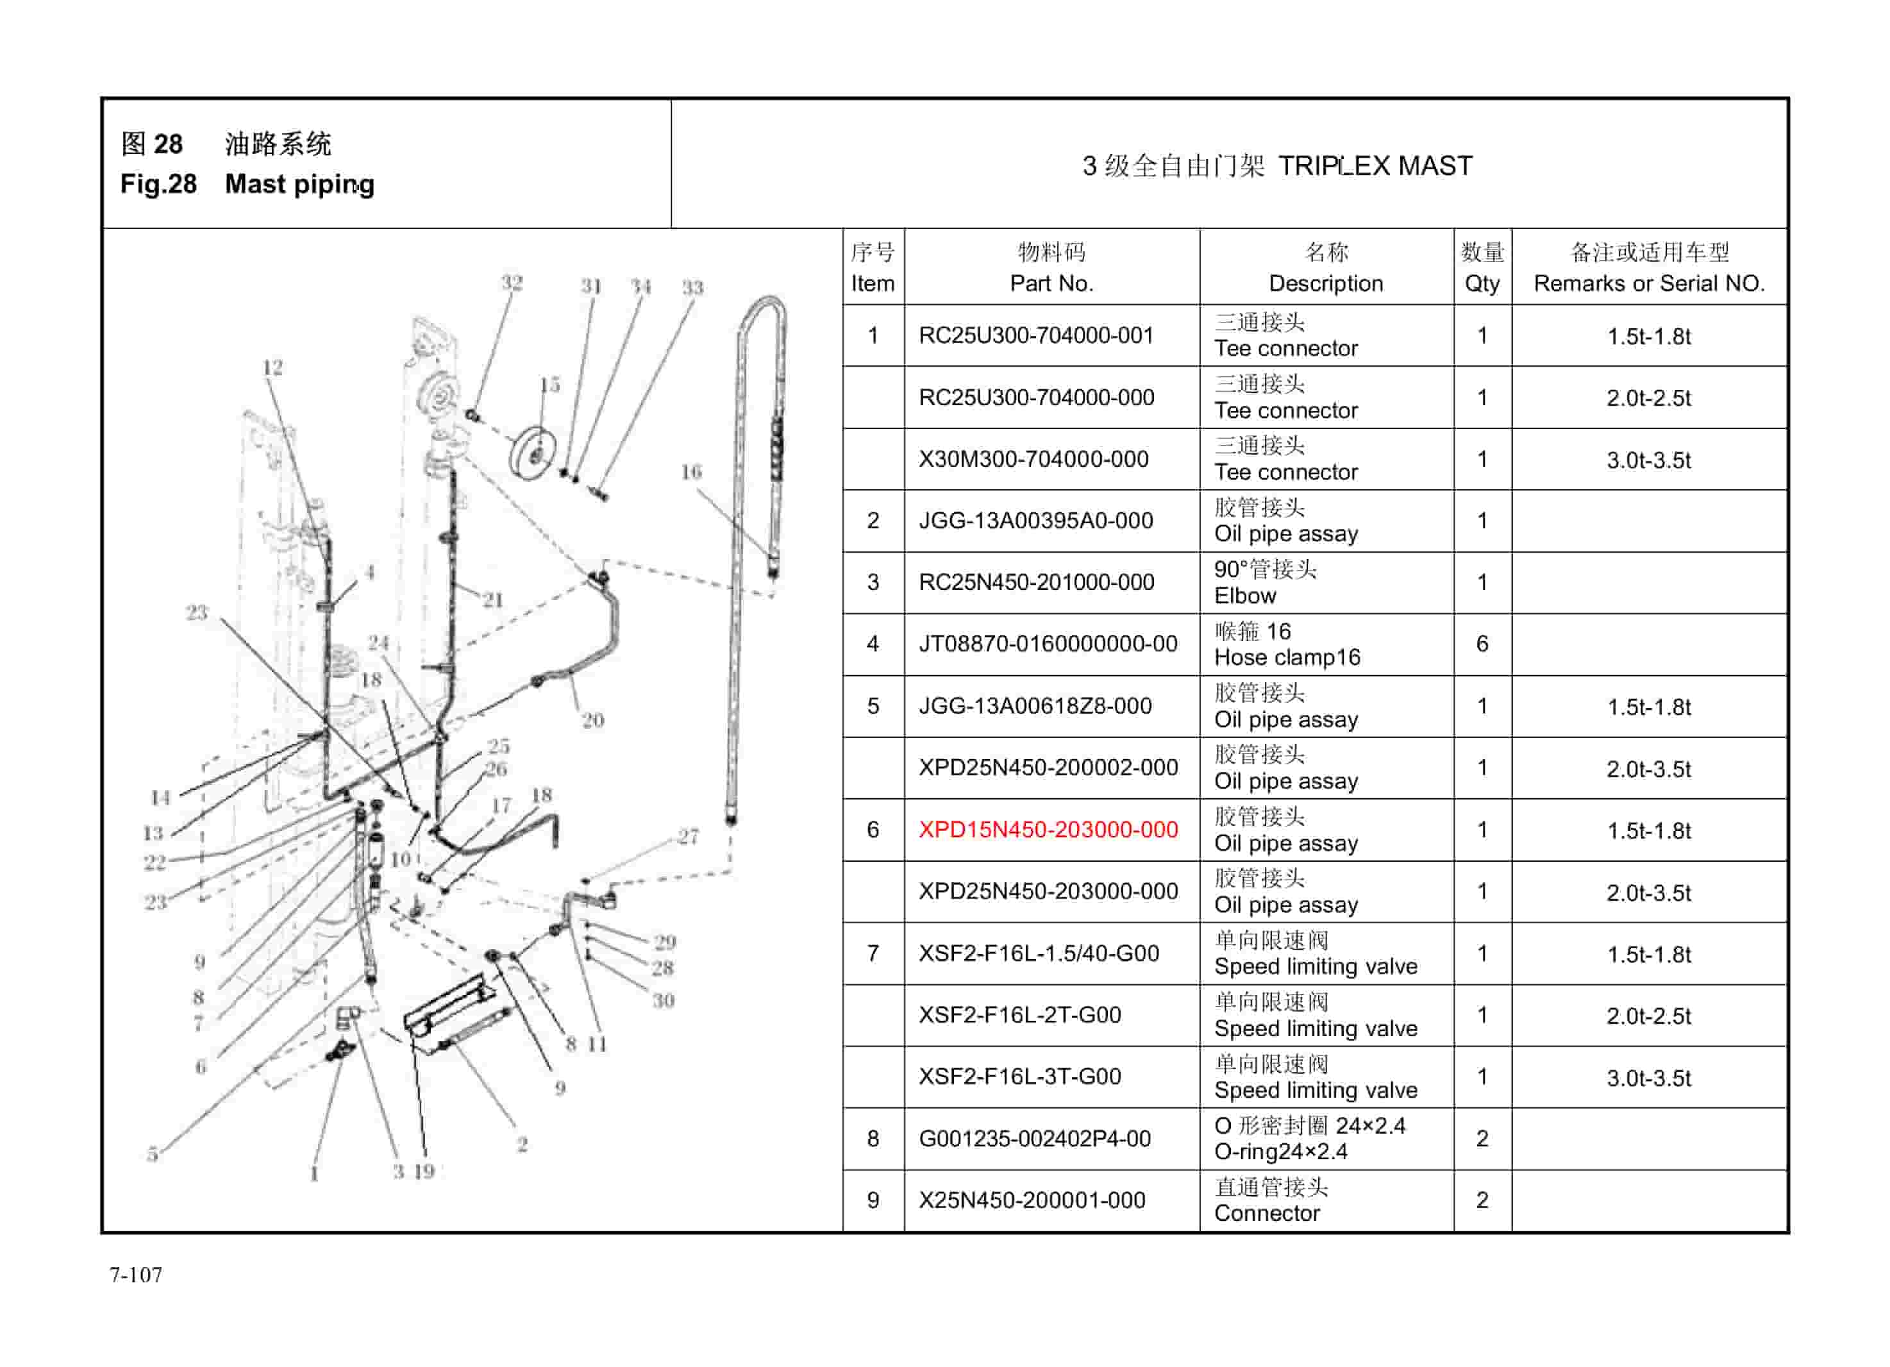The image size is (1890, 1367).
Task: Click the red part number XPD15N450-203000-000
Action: [x=1048, y=830]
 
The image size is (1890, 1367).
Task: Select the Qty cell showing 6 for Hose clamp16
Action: [x=1482, y=644]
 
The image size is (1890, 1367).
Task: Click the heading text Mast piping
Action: [x=299, y=184]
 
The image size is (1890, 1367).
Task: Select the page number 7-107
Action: [x=136, y=1275]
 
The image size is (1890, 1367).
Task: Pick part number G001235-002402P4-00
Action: [x=1034, y=1139]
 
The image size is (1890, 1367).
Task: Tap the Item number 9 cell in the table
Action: [x=873, y=1200]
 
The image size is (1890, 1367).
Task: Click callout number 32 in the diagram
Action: [x=512, y=283]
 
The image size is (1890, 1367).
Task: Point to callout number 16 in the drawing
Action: [x=691, y=473]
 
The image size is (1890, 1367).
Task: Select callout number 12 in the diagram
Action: [x=272, y=367]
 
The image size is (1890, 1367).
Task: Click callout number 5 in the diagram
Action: [x=153, y=1154]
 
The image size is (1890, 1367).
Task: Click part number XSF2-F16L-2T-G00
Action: [x=1019, y=1015]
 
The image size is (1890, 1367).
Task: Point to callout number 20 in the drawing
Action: [x=592, y=720]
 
